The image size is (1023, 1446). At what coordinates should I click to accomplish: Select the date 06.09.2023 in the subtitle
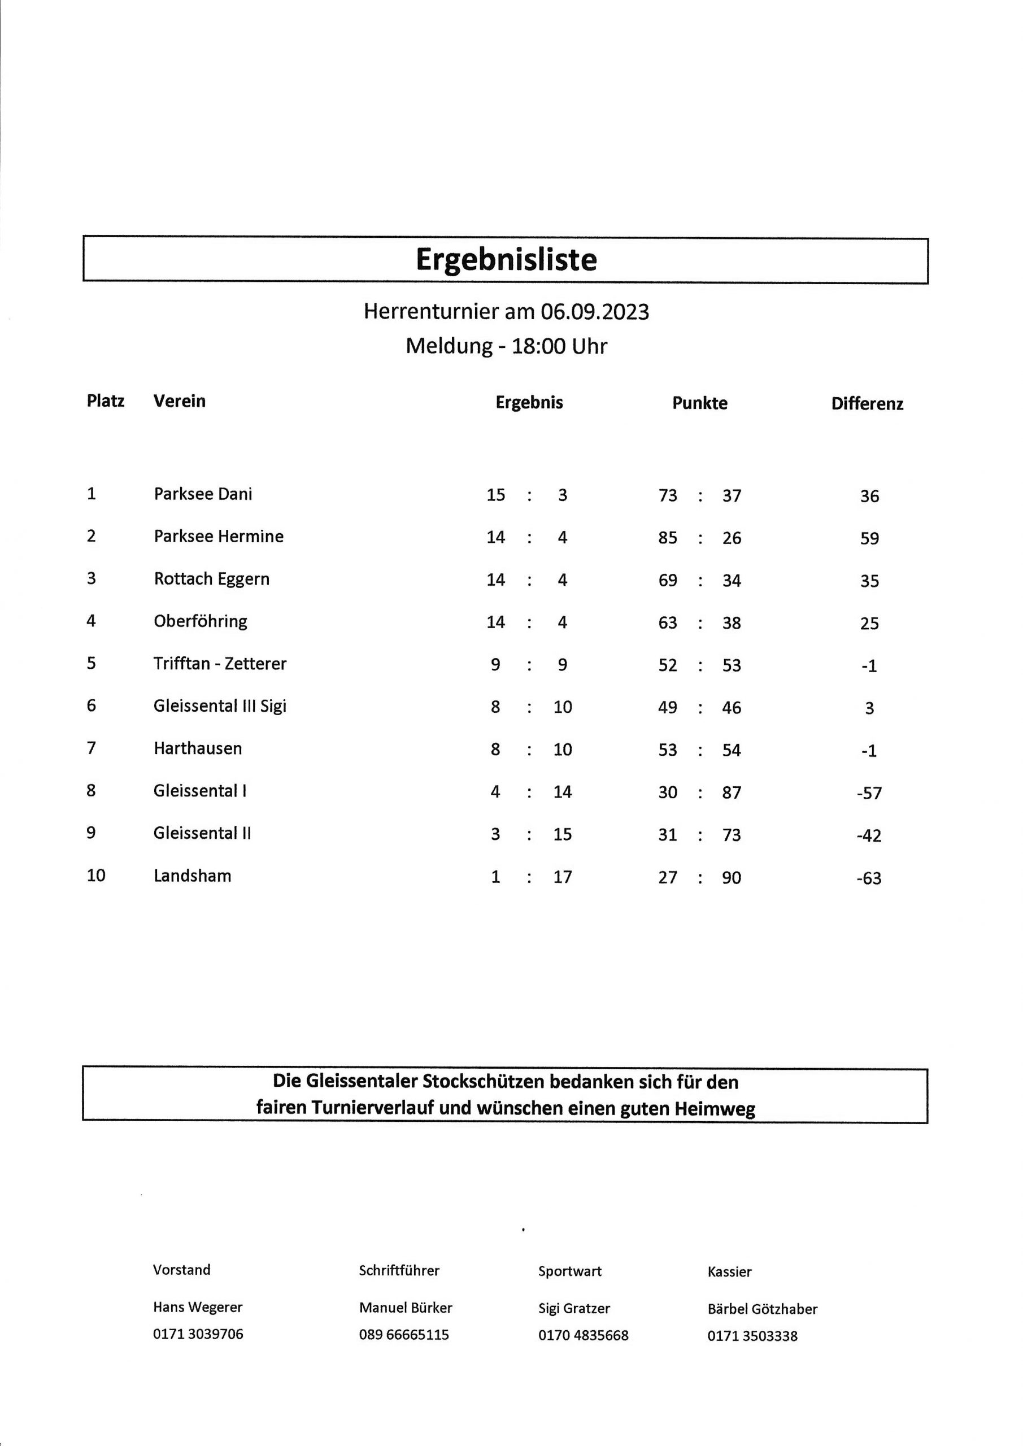594,312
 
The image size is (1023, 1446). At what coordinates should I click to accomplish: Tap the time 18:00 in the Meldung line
538,346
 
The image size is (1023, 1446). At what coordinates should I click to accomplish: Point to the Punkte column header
699,403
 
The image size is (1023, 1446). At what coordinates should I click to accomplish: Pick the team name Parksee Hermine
219,537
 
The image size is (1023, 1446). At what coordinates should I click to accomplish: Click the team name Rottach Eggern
212,579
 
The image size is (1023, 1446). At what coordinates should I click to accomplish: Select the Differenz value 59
869,538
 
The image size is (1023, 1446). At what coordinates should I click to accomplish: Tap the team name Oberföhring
201,621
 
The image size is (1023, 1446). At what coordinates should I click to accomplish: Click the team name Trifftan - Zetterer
220,664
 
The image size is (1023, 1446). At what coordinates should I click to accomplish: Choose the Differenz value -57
869,793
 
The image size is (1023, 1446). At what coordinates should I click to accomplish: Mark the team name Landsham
192,876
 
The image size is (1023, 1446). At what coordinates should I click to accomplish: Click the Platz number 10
96,876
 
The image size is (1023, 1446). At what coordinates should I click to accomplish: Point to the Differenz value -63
869,878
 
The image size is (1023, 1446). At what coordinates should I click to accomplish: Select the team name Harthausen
198,748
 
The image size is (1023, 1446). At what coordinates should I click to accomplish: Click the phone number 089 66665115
404,1335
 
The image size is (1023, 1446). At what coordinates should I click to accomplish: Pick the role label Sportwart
569,1271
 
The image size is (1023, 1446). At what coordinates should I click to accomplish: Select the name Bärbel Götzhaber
762,1309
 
